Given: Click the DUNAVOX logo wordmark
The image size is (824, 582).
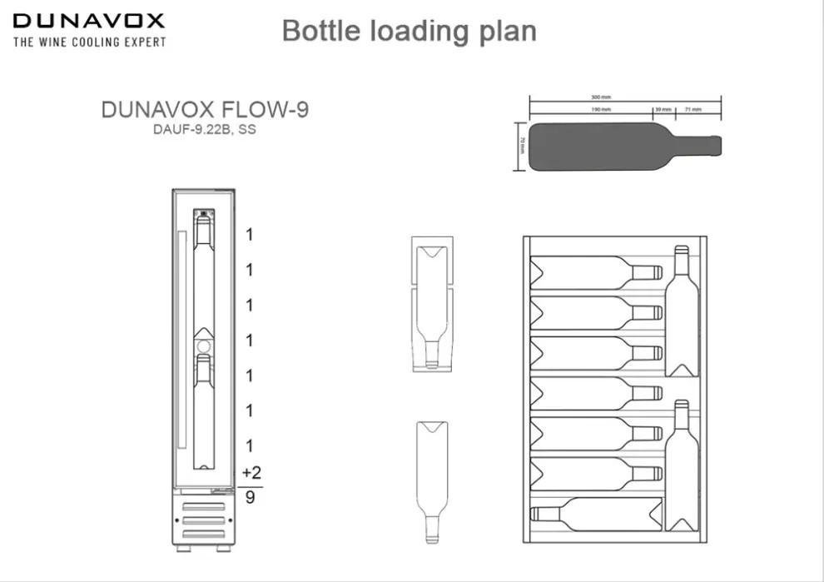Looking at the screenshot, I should coord(89,21).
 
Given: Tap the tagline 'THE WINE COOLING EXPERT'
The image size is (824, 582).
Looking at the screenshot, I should coord(89,42).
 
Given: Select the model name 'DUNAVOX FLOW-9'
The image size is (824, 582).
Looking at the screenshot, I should coord(205,109).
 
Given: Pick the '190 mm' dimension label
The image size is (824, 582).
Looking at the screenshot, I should coord(601,109).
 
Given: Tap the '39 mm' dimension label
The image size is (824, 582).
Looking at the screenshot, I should coord(663,109).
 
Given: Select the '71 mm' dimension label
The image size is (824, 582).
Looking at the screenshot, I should coord(692,109).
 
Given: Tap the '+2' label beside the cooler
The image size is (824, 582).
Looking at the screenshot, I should coord(251,473).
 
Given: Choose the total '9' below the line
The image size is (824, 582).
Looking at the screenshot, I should coord(250,498).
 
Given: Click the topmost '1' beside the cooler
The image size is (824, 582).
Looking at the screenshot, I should coord(249,235).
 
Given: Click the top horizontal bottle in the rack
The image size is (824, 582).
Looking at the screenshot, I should coord(595,272).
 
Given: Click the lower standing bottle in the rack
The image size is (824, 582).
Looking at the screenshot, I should coord(682,466).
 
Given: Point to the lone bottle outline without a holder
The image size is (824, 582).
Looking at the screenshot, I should coord(431,481).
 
